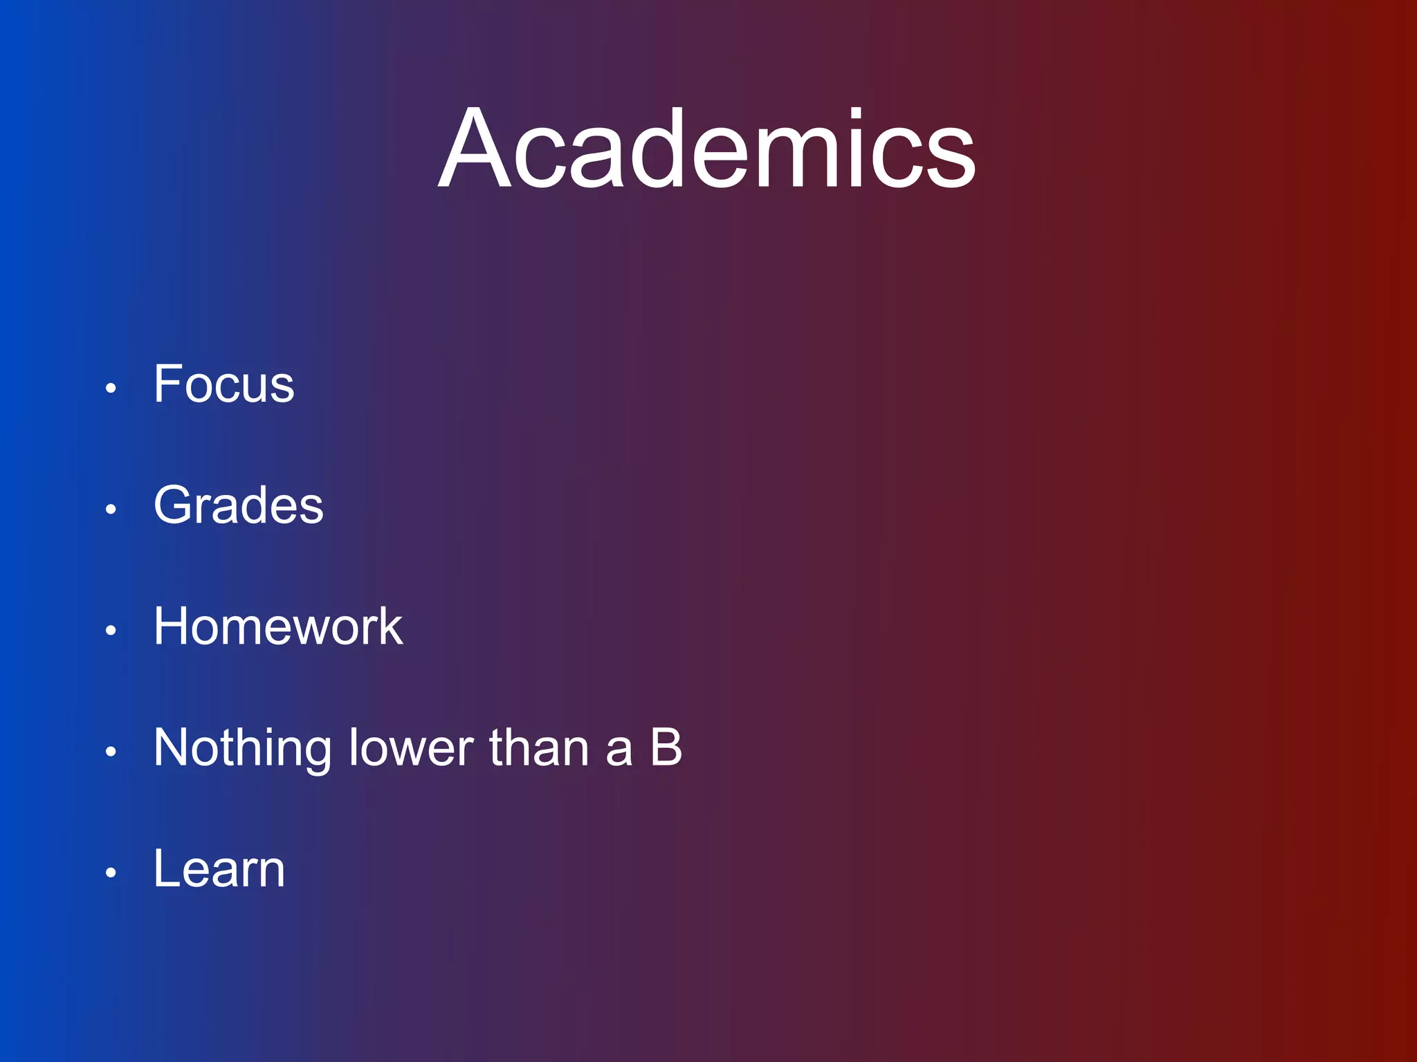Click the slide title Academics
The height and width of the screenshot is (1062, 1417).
[x=707, y=149]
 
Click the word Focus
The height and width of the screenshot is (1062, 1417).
[x=223, y=384]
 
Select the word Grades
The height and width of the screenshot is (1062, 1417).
[x=238, y=505]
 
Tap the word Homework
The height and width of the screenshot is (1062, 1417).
[x=278, y=626]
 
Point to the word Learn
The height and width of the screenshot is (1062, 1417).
[x=219, y=869]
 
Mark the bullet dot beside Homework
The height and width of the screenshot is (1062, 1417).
[x=111, y=631]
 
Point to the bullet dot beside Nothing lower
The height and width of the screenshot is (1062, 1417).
[x=111, y=752]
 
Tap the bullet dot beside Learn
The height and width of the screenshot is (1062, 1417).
[x=111, y=873]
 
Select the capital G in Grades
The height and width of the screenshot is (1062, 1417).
[x=173, y=505]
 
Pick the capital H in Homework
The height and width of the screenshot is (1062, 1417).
[x=173, y=626]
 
